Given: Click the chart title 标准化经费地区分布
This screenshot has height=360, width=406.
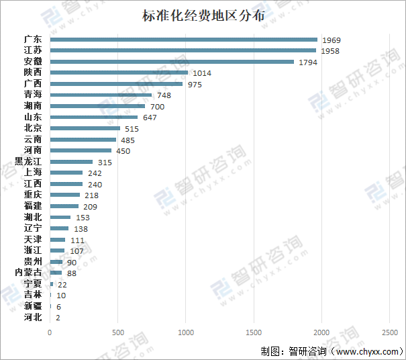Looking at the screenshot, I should tap(203, 15).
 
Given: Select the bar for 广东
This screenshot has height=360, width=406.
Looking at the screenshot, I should tap(183, 40).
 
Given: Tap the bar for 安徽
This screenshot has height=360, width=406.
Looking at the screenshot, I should tap(172, 62).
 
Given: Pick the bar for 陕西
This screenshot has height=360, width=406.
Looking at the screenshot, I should tap(119, 73).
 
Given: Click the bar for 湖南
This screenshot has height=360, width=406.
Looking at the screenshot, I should tap(97, 106).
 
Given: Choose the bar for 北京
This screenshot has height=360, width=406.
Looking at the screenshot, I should tap(85, 128).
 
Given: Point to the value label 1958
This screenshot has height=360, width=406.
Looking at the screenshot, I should tap(331, 51).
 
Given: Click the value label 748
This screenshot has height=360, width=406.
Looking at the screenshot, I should tap(164, 95).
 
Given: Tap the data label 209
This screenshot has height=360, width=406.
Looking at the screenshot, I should tap(90, 206).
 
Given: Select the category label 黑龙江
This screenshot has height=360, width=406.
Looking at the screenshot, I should tap(28, 162).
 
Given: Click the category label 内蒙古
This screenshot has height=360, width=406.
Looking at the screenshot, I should tap(28, 273).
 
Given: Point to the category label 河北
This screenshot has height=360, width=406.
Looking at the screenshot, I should tap(33, 317).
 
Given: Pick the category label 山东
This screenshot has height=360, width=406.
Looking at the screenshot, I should tap(33, 118).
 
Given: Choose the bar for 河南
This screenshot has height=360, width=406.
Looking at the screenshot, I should tap(81, 150).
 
